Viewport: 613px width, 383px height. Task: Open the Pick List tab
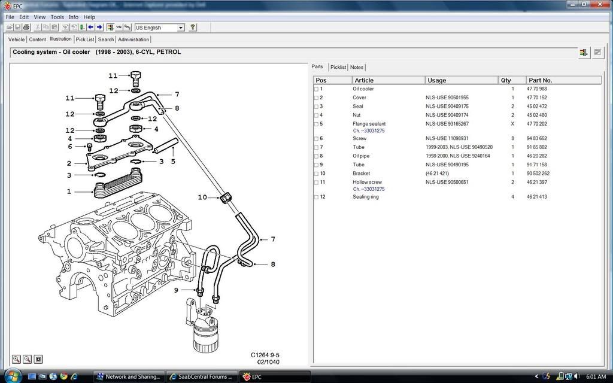click(85, 39)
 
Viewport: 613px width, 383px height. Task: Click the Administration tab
click(133, 39)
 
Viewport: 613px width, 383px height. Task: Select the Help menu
click(89, 17)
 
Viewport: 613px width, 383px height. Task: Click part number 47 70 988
click(536, 89)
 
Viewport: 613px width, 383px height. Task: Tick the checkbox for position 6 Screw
click(317, 139)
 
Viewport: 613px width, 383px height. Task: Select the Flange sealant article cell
click(369, 124)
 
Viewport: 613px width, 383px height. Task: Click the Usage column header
click(436, 80)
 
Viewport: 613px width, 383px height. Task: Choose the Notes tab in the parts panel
click(357, 67)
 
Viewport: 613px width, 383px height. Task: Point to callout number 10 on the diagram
click(202, 197)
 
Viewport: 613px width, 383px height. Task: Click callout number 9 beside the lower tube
click(177, 290)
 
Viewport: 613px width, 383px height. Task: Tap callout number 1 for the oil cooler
click(69, 191)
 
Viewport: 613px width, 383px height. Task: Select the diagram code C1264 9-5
click(265, 355)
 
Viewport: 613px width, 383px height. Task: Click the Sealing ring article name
click(366, 197)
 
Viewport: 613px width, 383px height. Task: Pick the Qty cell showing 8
click(512, 139)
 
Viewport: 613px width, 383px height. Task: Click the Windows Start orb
click(13, 376)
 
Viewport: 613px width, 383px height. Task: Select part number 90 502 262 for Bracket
click(538, 174)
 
